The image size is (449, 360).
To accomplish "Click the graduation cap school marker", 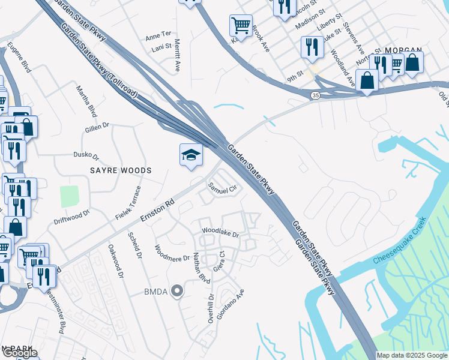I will click(191, 155).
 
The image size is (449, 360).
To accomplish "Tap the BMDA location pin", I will click(176, 292).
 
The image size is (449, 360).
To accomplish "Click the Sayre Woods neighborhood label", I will click(121, 170).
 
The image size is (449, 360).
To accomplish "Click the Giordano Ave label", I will click(231, 304).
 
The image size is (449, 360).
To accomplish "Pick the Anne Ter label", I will click(158, 37).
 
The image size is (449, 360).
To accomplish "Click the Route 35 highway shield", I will click(315, 95).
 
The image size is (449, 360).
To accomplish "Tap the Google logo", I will click(20, 353).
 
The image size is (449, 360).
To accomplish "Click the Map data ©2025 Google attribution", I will click(412, 355).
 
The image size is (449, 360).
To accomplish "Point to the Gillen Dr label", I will click(97, 127).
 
